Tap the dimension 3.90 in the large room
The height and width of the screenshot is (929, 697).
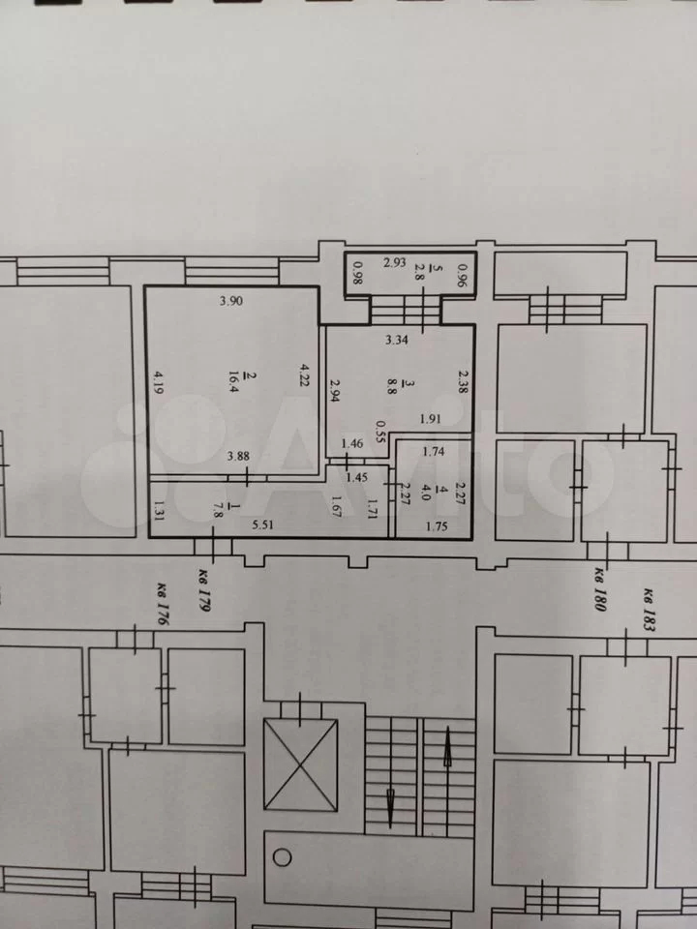(231, 300)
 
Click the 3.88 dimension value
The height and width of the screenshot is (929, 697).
(238, 456)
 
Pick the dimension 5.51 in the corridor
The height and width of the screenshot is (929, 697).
(262, 524)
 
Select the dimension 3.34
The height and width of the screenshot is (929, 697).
(397, 340)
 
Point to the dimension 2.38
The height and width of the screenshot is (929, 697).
(463, 381)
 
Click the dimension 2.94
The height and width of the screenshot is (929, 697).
(335, 391)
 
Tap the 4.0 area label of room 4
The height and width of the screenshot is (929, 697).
(425, 493)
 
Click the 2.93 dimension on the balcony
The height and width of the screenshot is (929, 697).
(394, 262)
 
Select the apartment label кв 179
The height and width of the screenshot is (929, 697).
(204, 589)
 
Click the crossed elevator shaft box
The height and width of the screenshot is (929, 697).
(300, 764)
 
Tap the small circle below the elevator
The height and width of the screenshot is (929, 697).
(282, 857)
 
